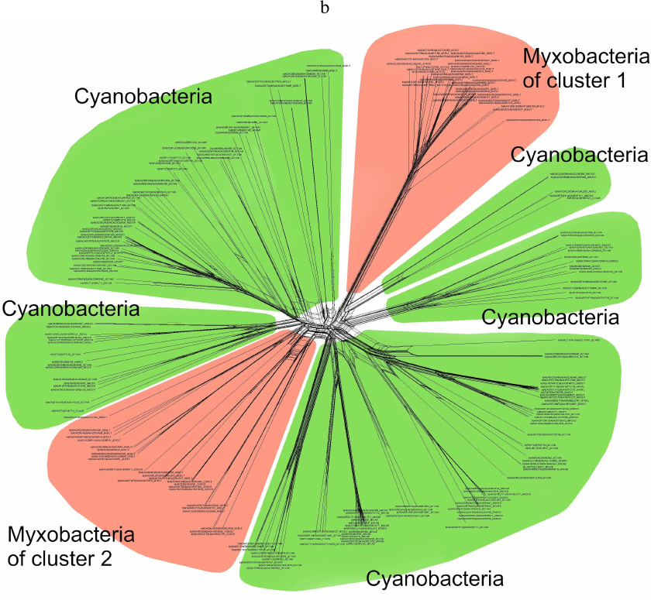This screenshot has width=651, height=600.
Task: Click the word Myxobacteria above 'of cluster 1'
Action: pyautogui.click(x=584, y=56)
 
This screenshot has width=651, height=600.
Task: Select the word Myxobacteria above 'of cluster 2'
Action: pyautogui.click(x=71, y=534)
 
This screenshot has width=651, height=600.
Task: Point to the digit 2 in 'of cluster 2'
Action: pyautogui.click(x=106, y=557)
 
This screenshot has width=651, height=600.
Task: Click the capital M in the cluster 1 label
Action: pyautogui.click(x=532, y=56)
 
